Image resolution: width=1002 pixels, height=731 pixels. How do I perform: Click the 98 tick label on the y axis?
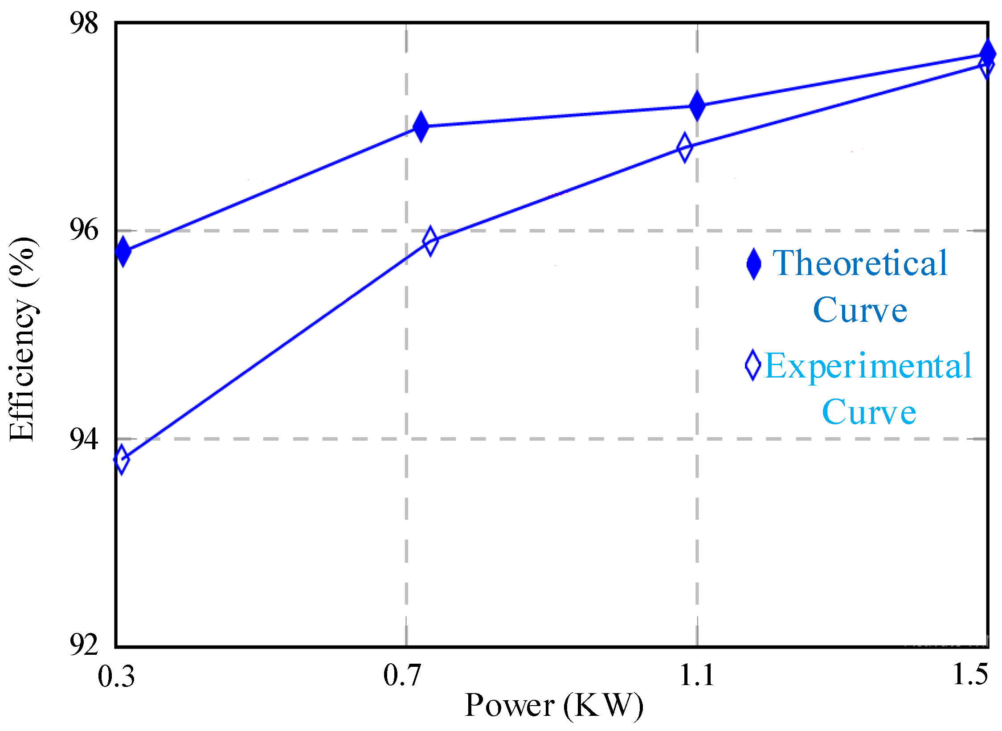tap(83, 23)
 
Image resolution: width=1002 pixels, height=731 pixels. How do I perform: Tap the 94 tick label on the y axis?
tap(83, 439)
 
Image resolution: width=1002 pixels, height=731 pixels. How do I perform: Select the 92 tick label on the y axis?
tap(83, 645)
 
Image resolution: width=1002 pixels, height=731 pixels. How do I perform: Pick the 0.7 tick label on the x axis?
tap(402, 675)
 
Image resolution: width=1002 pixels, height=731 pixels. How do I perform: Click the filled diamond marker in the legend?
tap(754, 264)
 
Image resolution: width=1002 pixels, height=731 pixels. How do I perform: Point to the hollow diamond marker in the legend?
tap(753, 365)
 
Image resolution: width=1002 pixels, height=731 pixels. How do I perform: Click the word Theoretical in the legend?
tap(860, 264)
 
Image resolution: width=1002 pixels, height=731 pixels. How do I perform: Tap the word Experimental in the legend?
tap(868, 366)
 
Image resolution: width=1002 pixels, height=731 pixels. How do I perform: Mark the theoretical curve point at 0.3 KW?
tap(123, 251)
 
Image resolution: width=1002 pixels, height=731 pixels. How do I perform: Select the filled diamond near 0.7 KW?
tap(421, 127)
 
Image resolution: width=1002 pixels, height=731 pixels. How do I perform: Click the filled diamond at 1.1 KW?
tap(697, 106)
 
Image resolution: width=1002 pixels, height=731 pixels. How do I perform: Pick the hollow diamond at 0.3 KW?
tap(121, 459)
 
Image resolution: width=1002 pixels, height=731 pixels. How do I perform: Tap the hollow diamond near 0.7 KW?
tap(430, 241)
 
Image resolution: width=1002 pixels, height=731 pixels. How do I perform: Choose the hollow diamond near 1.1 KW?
tap(685, 147)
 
